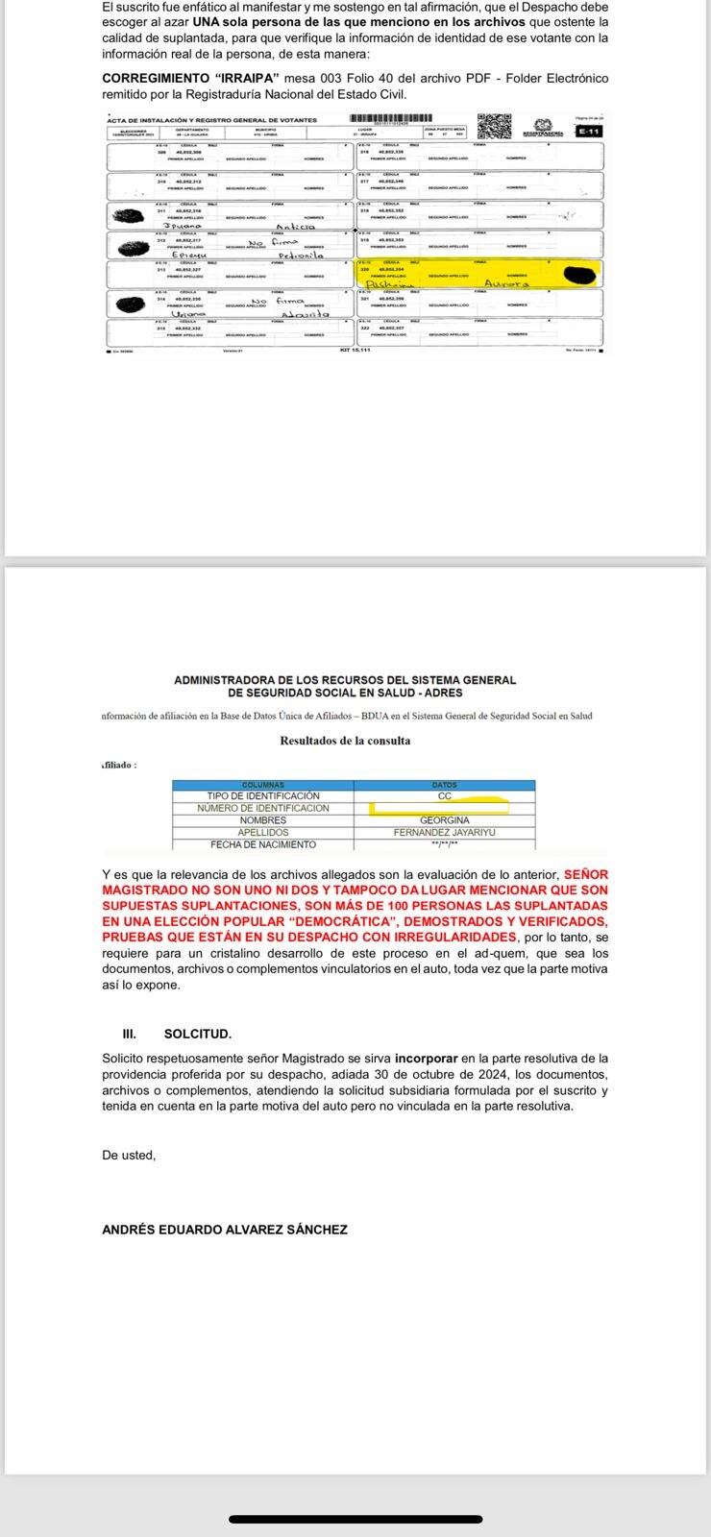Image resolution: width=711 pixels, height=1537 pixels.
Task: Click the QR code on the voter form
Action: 494,127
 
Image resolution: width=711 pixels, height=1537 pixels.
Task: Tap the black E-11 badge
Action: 588,131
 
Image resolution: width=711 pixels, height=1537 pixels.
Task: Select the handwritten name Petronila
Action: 303,256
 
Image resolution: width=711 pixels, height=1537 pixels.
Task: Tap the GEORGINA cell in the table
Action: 445,820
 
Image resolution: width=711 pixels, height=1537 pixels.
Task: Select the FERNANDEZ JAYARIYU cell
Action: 445,833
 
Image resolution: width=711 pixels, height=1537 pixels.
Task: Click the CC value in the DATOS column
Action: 444,796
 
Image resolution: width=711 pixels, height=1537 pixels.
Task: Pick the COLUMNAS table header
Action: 262,785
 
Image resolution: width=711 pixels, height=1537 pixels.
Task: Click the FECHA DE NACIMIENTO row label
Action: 262,845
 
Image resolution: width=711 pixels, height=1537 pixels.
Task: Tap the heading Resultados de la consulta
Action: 345,741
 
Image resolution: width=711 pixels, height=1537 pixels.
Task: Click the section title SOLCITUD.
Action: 198,1035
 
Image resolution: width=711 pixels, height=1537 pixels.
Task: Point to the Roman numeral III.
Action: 129,1035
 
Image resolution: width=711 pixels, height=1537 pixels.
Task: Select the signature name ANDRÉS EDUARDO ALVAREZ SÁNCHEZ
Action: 225,1230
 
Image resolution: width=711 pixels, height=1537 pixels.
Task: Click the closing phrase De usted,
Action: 129,1156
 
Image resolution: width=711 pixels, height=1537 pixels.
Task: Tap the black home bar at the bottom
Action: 355,1520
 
